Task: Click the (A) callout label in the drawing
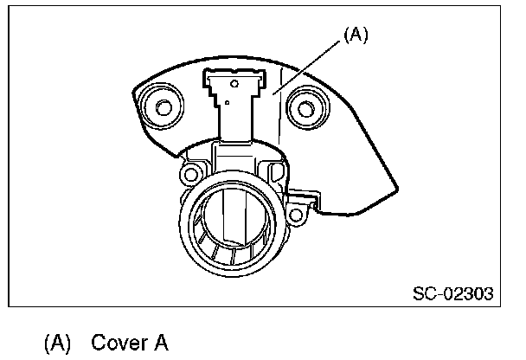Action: pyautogui.click(x=355, y=36)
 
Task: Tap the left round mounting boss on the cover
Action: pyautogui.click(x=163, y=107)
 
